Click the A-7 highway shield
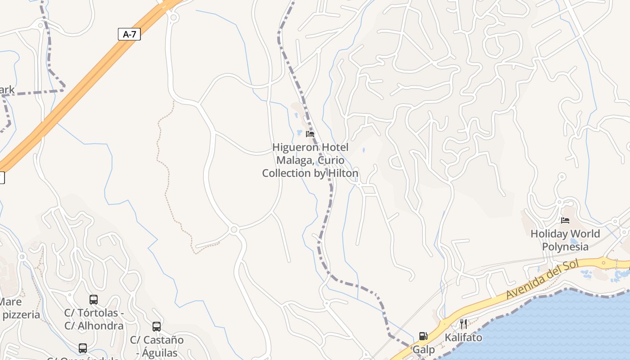(129, 34)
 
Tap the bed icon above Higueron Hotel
(310, 134)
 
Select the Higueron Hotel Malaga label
(310, 160)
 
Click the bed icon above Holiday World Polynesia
(565, 220)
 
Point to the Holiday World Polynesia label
(565, 240)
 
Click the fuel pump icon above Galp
(423, 336)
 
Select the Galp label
(424, 350)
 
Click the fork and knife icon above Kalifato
(463, 324)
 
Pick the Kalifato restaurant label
(463, 337)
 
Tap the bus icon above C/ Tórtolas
(94, 300)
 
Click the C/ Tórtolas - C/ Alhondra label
(94, 319)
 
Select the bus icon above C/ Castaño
(157, 327)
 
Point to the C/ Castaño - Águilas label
(157, 346)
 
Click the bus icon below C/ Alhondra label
(83, 348)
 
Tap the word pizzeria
(21, 315)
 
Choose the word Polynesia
(565, 247)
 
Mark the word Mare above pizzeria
(10, 301)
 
